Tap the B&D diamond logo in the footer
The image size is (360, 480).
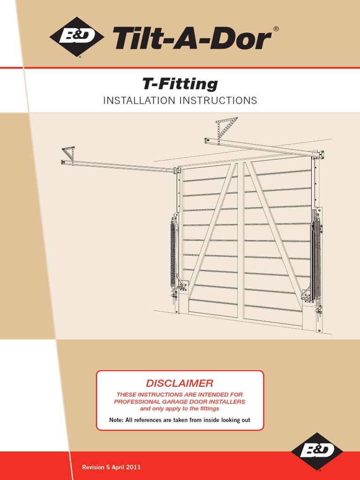(x=317, y=451)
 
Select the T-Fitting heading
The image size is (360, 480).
(x=180, y=84)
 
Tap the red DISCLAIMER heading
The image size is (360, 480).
(x=180, y=383)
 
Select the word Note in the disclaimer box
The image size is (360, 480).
(x=117, y=420)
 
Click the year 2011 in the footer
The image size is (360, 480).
(x=133, y=467)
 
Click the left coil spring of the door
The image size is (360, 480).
(x=173, y=253)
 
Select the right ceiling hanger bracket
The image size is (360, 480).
(x=226, y=126)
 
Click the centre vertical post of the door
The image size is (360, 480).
(x=240, y=239)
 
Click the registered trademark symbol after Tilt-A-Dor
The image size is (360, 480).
(x=276, y=29)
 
